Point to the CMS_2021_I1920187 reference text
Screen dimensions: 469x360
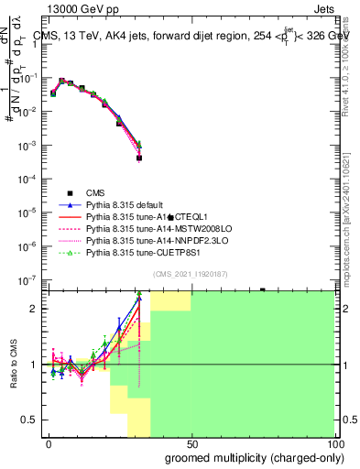coord(191,274)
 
